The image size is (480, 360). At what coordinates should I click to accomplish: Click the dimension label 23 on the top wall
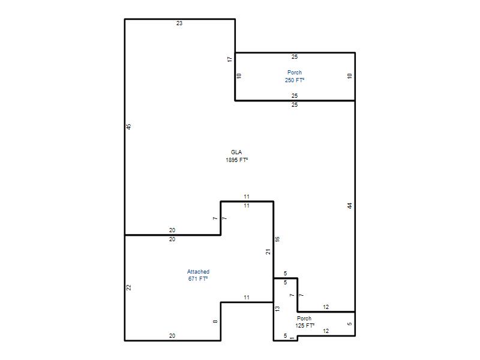tap(179, 23)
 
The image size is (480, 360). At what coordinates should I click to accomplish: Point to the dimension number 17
tap(230, 59)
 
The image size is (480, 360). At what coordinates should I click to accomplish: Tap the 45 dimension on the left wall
tap(129, 127)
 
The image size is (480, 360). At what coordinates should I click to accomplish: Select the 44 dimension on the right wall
tap(350, 206)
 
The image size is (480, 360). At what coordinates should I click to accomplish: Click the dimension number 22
tap(129, 287)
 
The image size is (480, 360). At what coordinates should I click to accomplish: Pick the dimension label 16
tap(277, 239)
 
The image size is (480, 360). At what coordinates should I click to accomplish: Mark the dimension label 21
tap(268, 251)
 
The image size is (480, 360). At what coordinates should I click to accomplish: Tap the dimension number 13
tap(277, 308)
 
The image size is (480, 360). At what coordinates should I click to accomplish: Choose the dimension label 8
tap(215, 322)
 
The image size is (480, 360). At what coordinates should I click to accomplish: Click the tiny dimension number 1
tap(292, 338)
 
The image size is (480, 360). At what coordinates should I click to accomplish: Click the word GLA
tap(236, 152)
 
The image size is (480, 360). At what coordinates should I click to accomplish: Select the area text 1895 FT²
tap(236, 160)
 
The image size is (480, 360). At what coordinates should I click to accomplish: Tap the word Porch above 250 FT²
tap(295, 73)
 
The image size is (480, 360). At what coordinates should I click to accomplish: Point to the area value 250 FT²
tap(295, 80)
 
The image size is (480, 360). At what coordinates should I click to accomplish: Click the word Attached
tap(199, 272)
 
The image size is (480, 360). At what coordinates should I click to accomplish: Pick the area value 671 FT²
tap(198, 279)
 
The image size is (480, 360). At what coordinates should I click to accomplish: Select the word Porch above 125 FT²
tap(304, 319)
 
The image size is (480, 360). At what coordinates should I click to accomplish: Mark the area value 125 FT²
tap(305, 326)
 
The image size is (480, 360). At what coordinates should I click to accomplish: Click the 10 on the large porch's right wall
tap(350, 76)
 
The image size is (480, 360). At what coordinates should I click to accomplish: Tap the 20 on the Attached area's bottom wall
tap(172, 336)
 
